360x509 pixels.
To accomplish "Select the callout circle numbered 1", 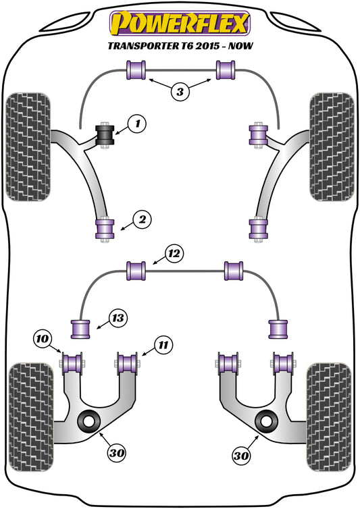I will [137, 124].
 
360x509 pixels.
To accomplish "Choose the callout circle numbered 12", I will [174, 254].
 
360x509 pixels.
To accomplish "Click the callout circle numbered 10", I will [43, 338].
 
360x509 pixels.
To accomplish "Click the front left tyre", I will [30, 146].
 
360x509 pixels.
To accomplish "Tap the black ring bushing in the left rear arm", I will [89, 422].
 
